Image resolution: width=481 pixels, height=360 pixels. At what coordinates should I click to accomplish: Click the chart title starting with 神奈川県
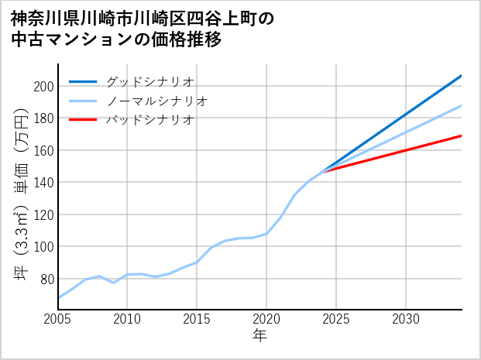pyautogui.click(x=143, y=29)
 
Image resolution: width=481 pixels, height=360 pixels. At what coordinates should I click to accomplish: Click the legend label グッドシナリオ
pyautogui.click(x=149, y=81)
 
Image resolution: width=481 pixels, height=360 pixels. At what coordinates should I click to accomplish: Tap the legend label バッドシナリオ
pyautogui.click(x=149, y=120)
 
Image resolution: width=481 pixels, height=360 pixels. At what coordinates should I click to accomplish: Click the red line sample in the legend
pyautogui.click(x=83, y=120)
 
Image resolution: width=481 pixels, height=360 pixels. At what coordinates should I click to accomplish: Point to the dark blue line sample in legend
pyautogui.click(x=83, y=81)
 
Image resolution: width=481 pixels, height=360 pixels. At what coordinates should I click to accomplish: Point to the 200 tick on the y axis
pyautogui.click(x=43, y=86)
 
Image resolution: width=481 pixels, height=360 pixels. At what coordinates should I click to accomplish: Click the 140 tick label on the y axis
pyautogui.click(x=43, y=183)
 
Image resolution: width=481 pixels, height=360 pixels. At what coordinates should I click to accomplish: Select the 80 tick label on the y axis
pyautogui.click(x=46, y=279)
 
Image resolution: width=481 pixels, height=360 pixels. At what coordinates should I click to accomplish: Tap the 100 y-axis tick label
pyautogui.click(x=43, y=247)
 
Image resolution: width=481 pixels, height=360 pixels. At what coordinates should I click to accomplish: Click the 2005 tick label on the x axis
pyautogui.click(x=58, y=320)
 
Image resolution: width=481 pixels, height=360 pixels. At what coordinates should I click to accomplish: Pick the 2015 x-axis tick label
pyautogui.click(x=197, y=320)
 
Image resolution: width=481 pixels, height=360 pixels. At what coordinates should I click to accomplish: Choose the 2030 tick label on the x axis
pyautogui.click(x=406, y=320)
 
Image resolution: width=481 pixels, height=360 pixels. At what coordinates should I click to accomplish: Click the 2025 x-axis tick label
pyautogui.click(x=336, y=320)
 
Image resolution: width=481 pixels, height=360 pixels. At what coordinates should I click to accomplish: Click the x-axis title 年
pyautogui.click(x=259, y=337)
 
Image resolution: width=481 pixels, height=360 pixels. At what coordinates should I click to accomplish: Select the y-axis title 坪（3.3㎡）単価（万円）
pyautogui.click(x=22, y=194)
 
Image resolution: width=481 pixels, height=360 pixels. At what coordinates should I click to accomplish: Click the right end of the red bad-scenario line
pyautogui.click(x=462, y=135)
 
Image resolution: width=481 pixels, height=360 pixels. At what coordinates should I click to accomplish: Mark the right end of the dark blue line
pyautogui.click(x=462, y=75)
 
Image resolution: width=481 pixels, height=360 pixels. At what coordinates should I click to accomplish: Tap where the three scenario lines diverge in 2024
pyautogui.click(x=322, y=171)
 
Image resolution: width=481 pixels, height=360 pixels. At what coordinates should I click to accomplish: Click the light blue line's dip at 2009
pyautogui.click(x=114, y=283)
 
